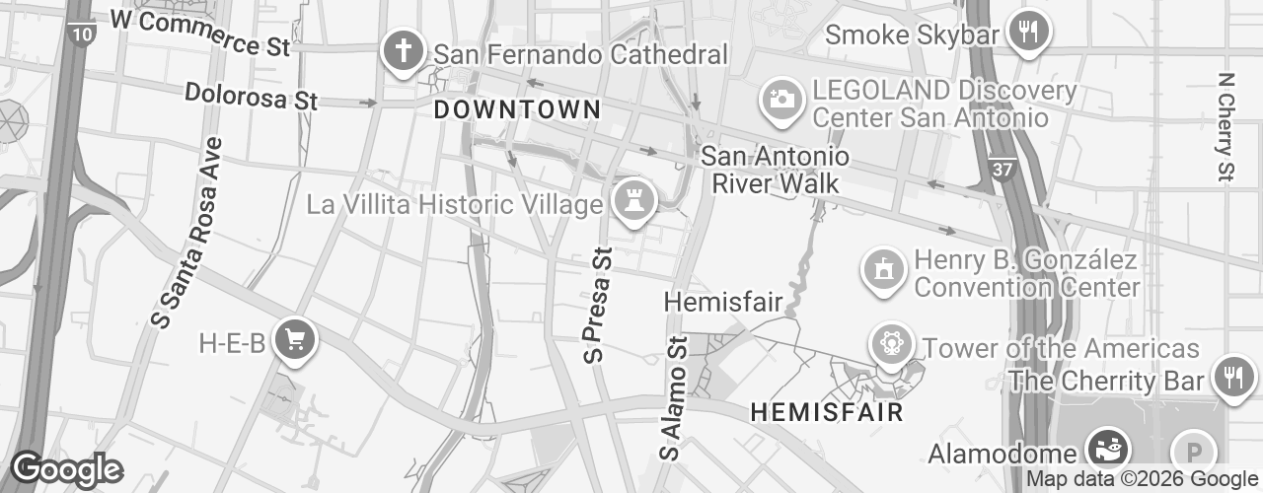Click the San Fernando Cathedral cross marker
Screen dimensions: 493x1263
coord(403,52)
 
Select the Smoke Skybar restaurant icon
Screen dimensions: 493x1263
coord(1028,32)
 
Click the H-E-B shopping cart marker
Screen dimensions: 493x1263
coord(294,340)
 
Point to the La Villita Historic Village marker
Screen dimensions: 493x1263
coord(632,201)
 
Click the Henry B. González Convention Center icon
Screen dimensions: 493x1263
coord(883,270)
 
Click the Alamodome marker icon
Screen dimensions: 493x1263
coord(1106,448)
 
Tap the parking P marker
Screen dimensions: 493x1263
coord(1192,453)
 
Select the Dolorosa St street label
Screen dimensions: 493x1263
coord(252,95)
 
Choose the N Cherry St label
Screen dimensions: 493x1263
coord(1226,126)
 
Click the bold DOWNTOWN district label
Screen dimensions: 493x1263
coord(517,109)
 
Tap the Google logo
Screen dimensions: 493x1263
coord(66,469)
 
